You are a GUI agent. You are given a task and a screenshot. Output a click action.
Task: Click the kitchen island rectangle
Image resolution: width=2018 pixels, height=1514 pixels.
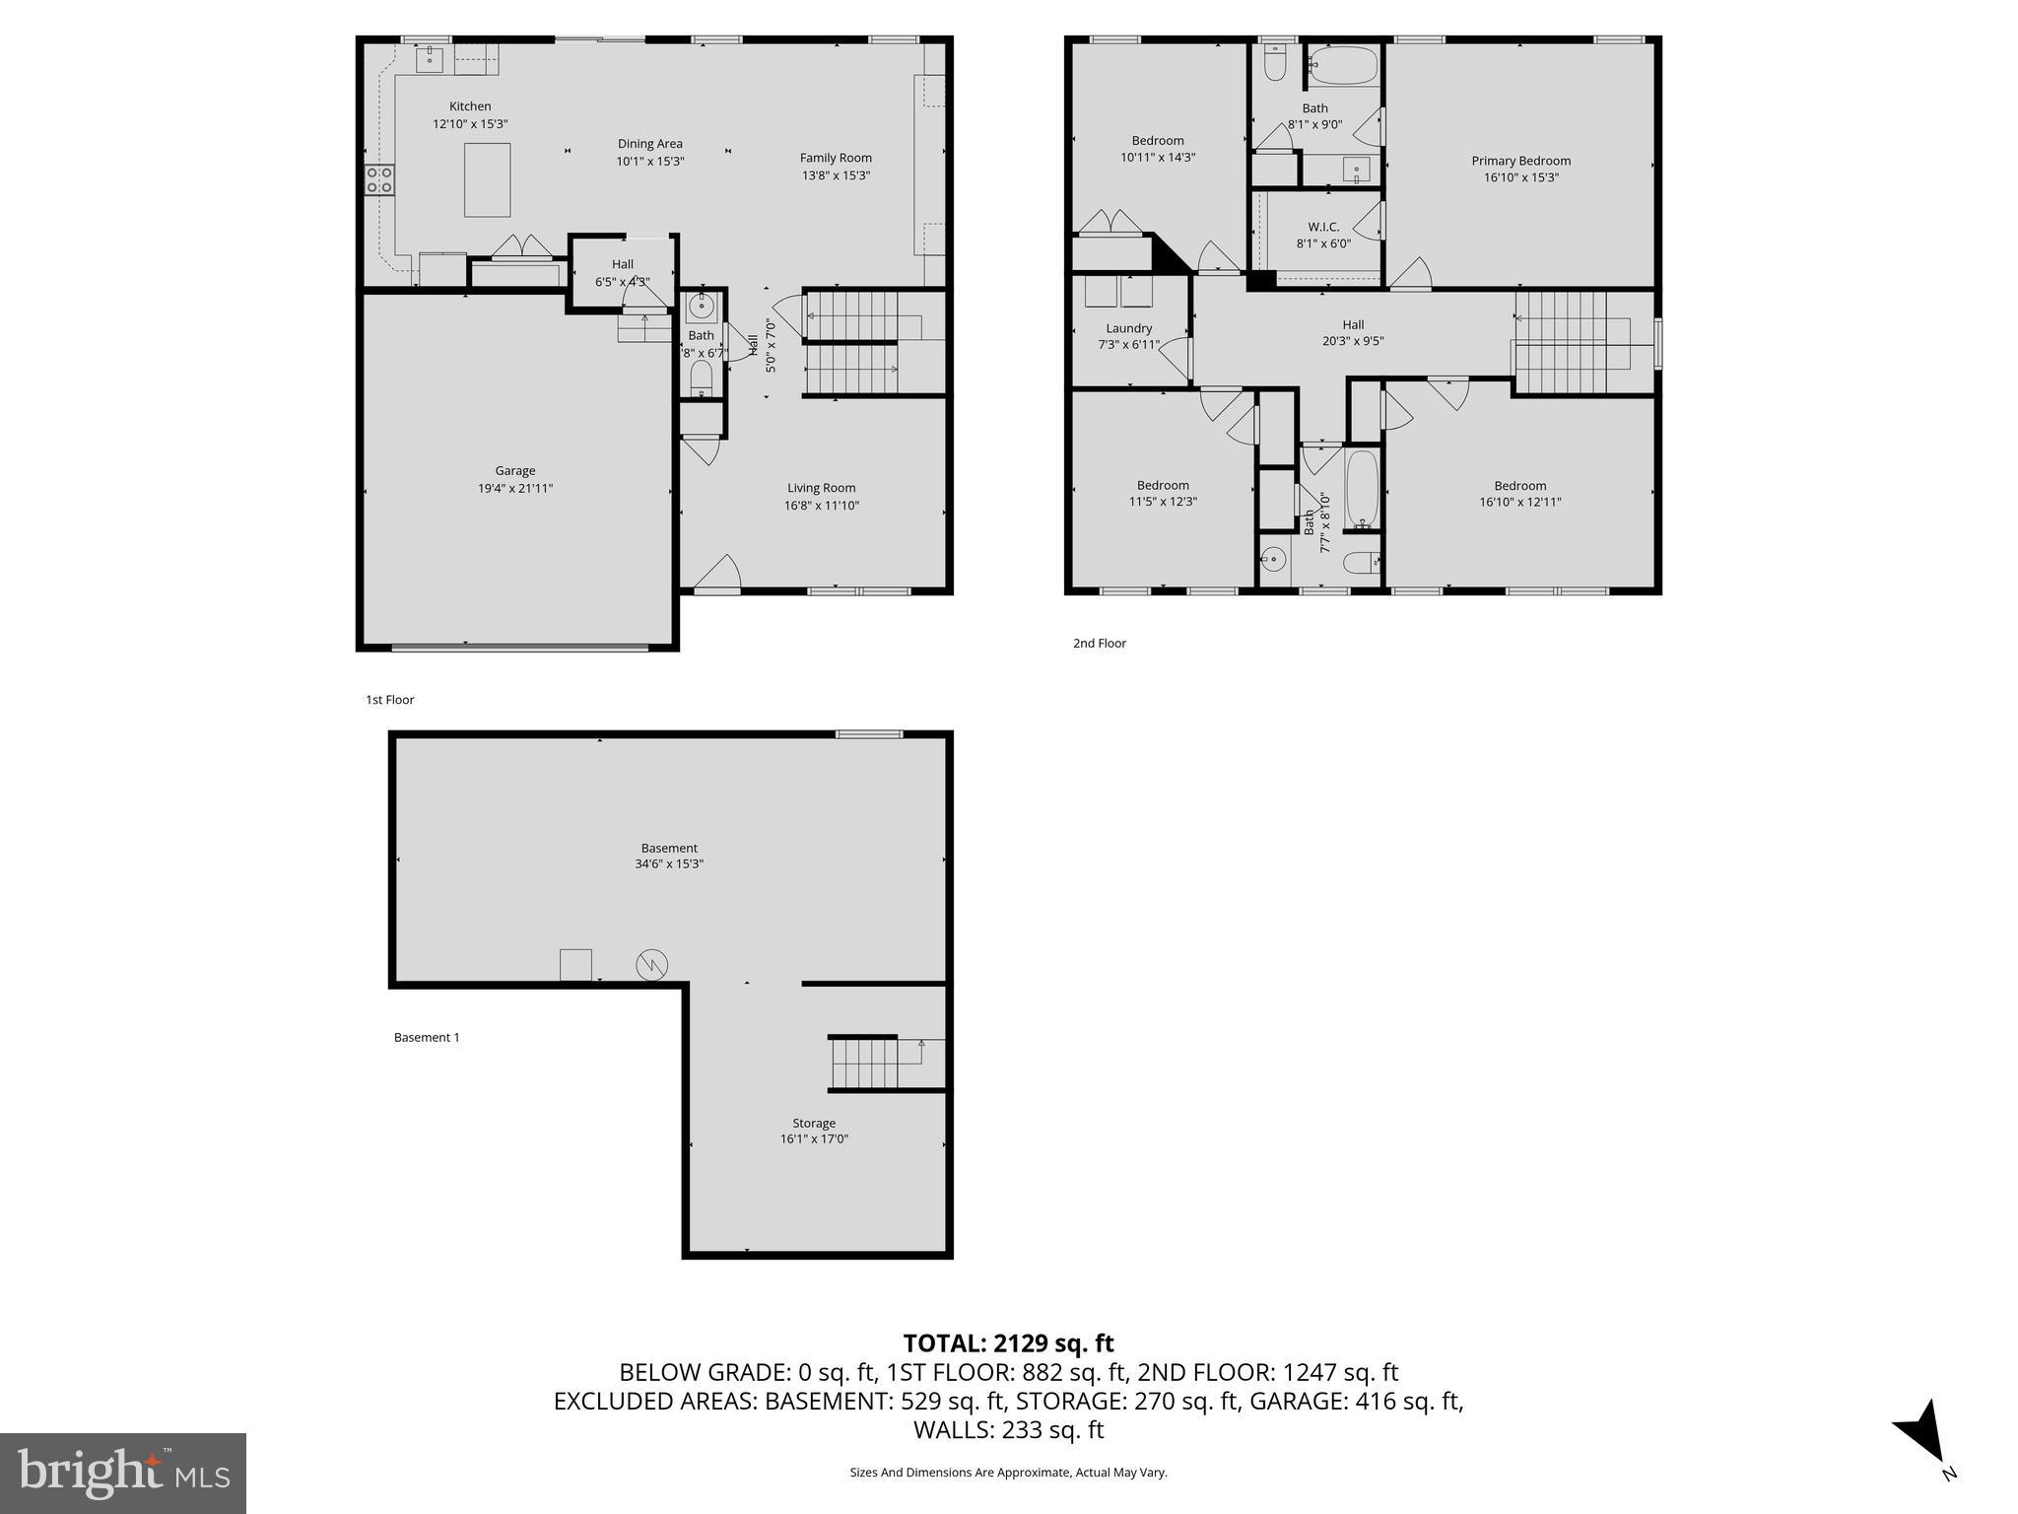point(487,179)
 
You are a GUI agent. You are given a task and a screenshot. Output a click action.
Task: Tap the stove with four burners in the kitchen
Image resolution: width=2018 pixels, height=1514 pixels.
point(379,179)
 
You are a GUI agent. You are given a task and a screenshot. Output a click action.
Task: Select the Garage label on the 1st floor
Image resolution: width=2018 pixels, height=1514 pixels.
point(514,471)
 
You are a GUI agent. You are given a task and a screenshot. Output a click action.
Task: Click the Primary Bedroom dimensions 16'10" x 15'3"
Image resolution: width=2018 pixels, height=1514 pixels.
point(1520,178)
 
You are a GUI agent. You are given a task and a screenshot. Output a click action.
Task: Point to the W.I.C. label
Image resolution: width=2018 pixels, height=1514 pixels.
point(1323,227)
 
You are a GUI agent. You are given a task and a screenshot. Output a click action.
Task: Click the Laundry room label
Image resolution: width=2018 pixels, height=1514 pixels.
point(1128,328)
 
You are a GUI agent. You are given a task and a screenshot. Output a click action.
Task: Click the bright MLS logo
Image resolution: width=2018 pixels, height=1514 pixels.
point(123,1474)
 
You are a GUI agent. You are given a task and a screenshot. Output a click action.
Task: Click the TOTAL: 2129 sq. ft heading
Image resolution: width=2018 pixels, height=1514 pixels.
point(1008,1343)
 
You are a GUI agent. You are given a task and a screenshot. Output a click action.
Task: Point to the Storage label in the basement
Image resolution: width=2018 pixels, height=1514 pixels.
point(813,1123)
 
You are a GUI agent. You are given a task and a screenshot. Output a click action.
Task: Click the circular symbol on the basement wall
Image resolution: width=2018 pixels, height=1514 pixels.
point(651,964)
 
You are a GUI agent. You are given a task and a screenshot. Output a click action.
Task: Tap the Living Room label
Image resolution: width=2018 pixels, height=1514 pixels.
point(821,488)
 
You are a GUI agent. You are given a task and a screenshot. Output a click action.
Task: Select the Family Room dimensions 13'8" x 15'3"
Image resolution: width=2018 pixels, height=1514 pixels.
point(836,175)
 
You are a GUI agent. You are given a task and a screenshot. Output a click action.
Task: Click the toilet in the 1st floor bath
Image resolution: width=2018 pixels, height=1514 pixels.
point(701,376)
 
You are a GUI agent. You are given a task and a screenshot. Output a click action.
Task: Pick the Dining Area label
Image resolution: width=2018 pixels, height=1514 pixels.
point(649,144)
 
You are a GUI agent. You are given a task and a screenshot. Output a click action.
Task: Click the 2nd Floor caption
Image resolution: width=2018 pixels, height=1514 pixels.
point(1099,643)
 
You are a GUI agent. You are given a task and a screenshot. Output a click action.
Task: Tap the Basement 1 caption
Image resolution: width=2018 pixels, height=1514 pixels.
point(427,1037)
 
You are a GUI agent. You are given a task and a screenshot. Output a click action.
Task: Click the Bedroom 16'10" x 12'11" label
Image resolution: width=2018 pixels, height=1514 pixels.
point(1519,485)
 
